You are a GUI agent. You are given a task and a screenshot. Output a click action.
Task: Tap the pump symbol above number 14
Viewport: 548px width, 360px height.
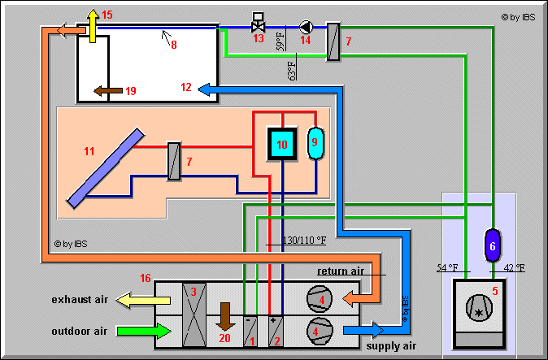(306, 26)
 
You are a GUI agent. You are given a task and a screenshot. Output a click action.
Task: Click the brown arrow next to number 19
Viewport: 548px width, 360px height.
(104, 90)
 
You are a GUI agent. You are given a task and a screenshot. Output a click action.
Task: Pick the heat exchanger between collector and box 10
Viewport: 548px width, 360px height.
(173, 160)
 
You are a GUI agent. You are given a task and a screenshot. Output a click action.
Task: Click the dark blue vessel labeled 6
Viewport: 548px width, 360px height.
(492, 244)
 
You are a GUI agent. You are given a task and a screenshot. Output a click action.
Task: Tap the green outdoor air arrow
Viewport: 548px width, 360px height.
(144, 331)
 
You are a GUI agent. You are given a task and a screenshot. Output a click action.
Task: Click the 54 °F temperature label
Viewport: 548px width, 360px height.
(448, 267)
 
